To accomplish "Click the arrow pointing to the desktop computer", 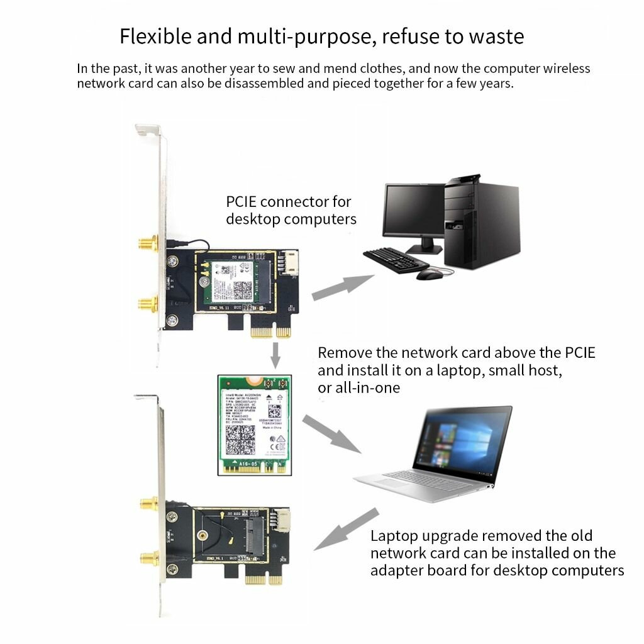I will [341, 286].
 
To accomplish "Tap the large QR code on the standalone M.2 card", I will [240, 438].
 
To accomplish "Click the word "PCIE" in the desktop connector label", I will [240, 202].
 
